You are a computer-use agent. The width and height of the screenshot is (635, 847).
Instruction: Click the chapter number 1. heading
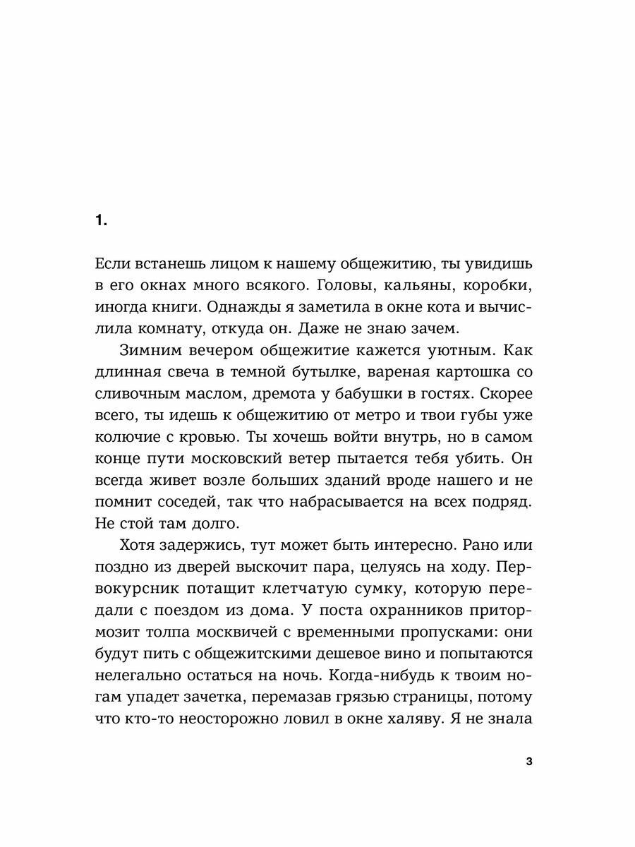(100, 221)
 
